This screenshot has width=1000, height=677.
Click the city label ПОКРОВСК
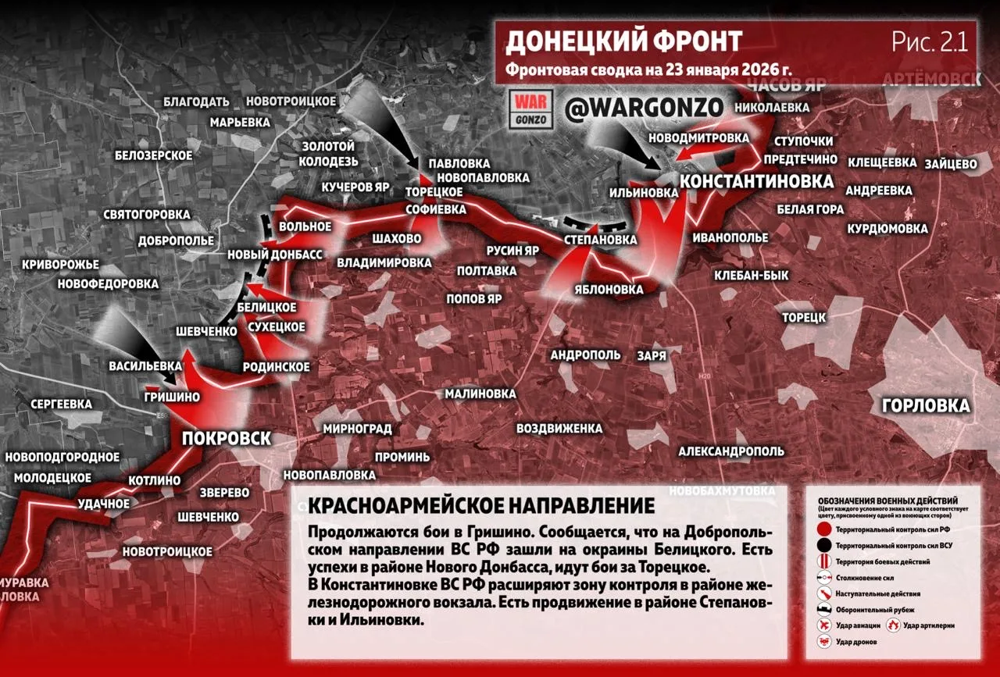pyautogui.click(x=226, y=438)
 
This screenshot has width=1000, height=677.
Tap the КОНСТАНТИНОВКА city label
pyautogui.click(x=755, y=181)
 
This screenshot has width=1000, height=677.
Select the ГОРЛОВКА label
pyautogui.click(x=925, y=406)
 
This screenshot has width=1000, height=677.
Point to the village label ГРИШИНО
pyautogui.click(x=172, y=397)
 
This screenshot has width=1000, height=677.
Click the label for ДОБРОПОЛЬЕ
pyautogui.click(x=176, y=241)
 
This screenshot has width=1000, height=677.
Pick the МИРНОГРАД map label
pyautogui.click(x=352, y=429)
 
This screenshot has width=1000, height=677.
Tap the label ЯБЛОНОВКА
pyautogui.click(x=609, y=289)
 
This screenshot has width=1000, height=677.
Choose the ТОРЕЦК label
pyautogui.click(x=804, y=317)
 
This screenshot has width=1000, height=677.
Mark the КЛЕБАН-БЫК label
pyautogui.click(x=751, y=275)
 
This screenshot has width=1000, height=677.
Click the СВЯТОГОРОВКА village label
pyautogui.click(x=147, y=214)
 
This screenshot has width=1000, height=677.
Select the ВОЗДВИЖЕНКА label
pyautogui.click(x=559, y=429)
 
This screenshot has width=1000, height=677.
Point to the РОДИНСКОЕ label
pyautogui.click(x=276, y=366)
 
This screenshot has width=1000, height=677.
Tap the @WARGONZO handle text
pyautogui.click(x=644, y=108)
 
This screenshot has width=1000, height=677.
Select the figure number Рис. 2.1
pyautogui.click(x=930, y=42)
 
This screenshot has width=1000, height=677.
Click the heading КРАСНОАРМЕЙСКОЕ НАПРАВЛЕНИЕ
pyautogui.click(x=481, y=505)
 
